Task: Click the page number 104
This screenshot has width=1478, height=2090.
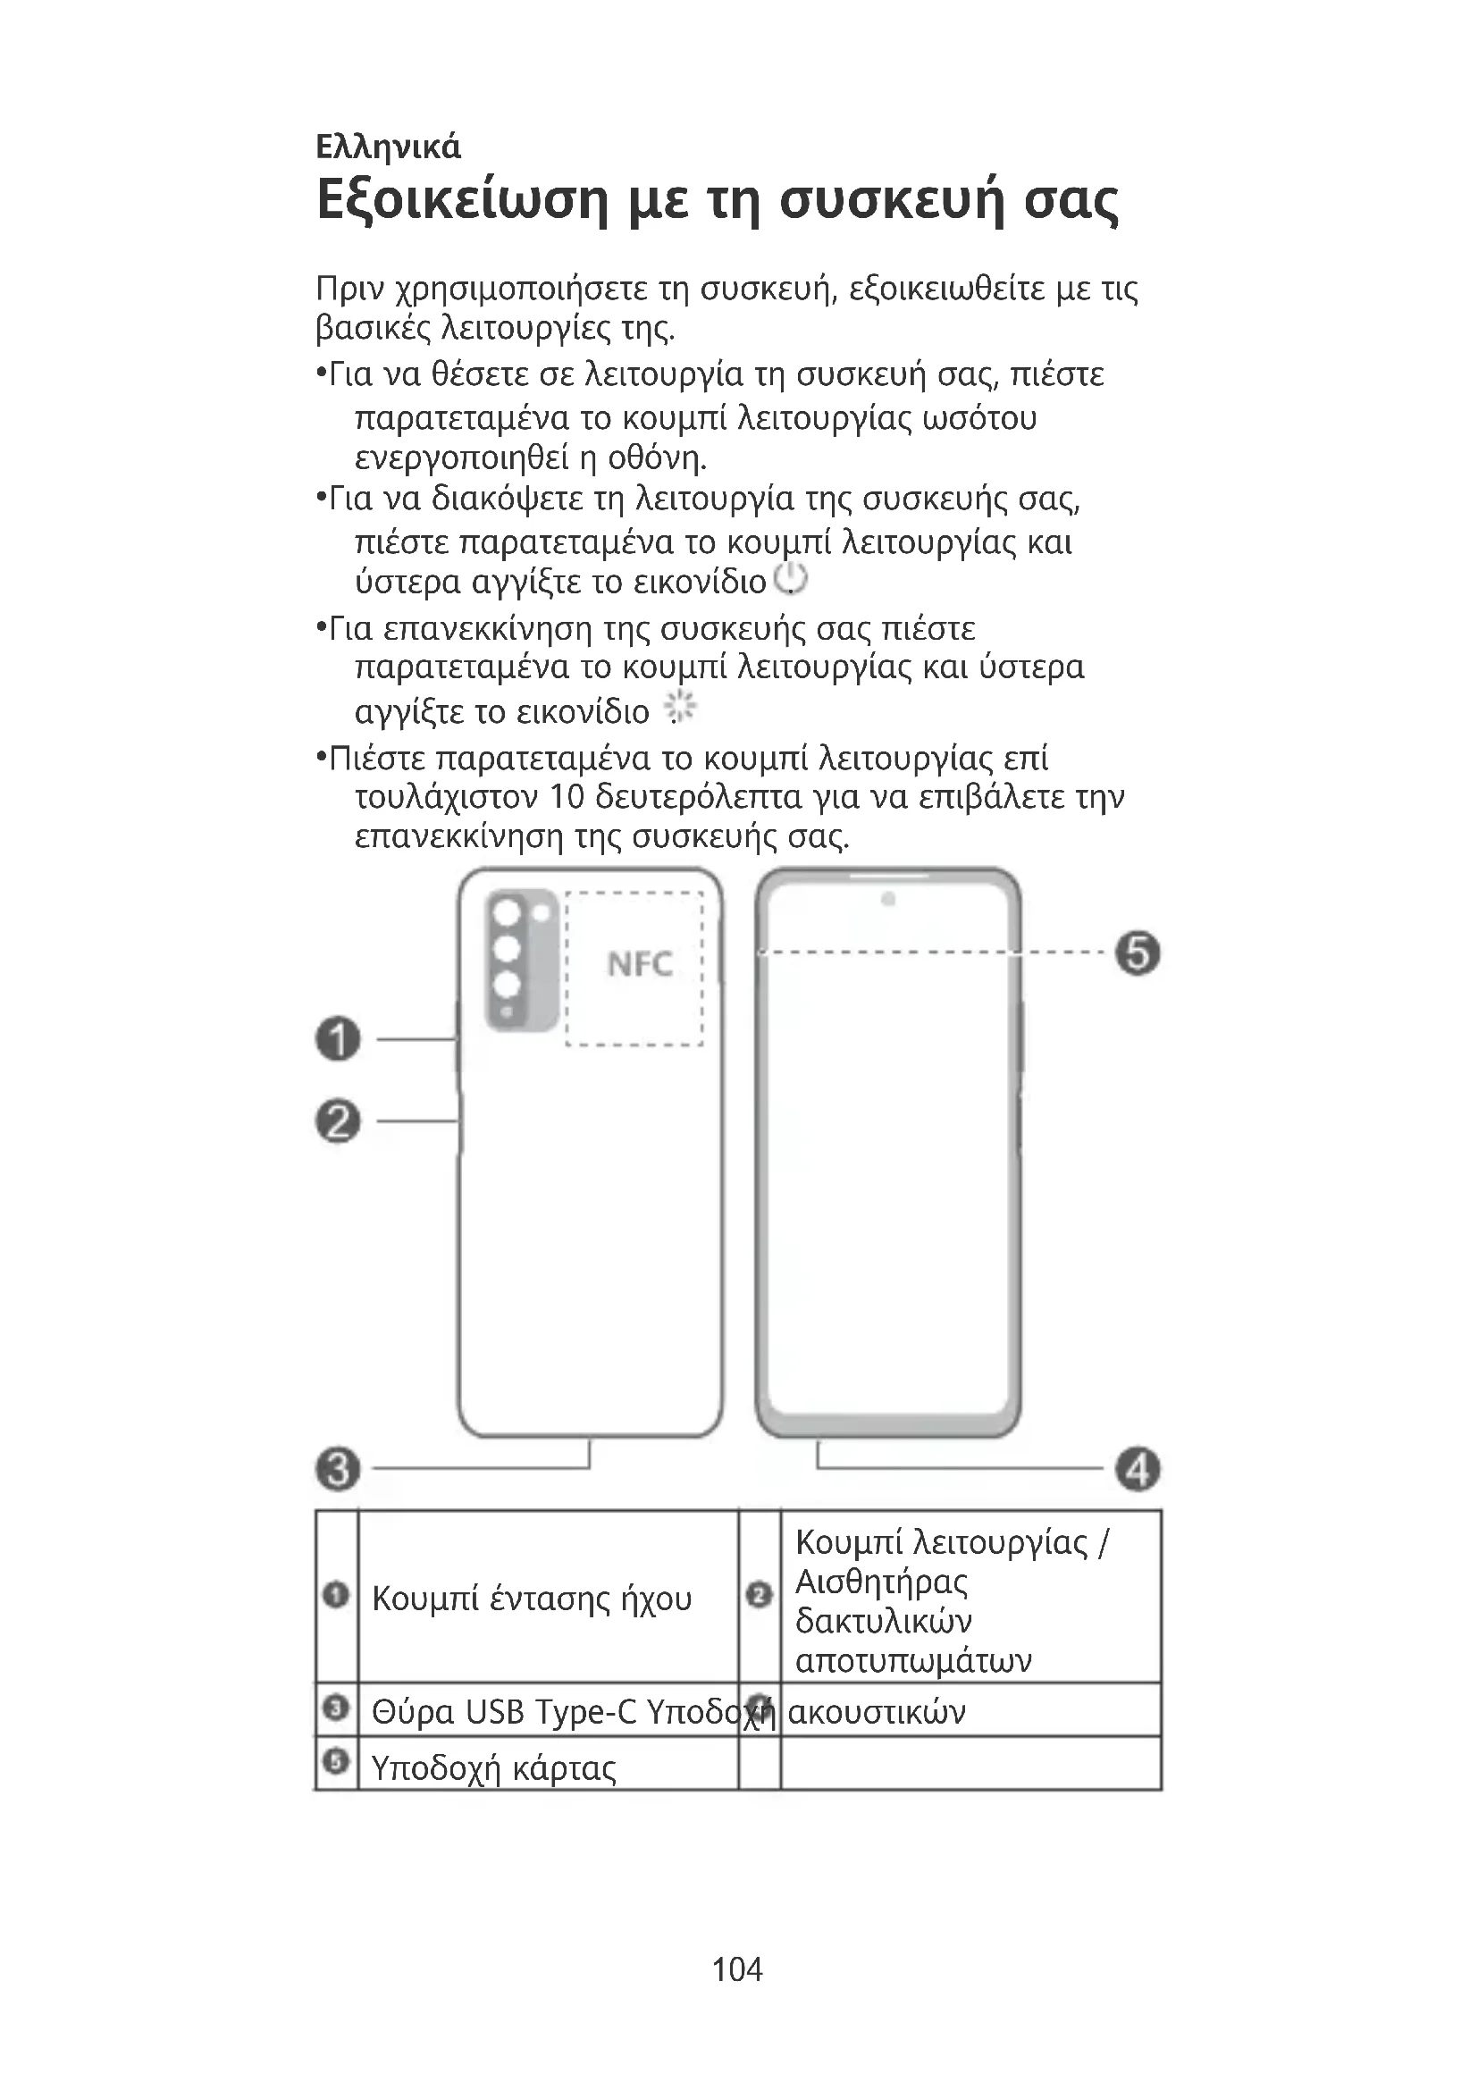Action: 737,1969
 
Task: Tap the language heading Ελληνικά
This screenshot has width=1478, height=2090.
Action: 389,147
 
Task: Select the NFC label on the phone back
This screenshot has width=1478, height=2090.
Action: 640,963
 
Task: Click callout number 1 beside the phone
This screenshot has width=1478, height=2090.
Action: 339,1038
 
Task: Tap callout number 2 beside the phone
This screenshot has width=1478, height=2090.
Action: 339,1121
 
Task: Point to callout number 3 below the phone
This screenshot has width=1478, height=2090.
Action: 339,1468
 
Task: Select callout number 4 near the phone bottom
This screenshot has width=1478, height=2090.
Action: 1138,1468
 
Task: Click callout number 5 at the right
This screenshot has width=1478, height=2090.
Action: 1138,953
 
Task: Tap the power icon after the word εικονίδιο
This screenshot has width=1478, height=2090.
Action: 790,579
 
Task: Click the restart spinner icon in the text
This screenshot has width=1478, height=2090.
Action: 680,708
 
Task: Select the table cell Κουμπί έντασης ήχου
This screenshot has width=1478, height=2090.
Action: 532,1599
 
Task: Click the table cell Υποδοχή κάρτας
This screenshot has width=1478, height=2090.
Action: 493,1767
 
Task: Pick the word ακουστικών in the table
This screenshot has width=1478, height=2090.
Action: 877,1712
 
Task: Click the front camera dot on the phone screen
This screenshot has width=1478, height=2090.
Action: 888,900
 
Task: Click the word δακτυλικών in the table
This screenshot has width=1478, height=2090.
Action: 883,1620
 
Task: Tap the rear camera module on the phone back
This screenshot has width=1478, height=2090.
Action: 521,959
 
